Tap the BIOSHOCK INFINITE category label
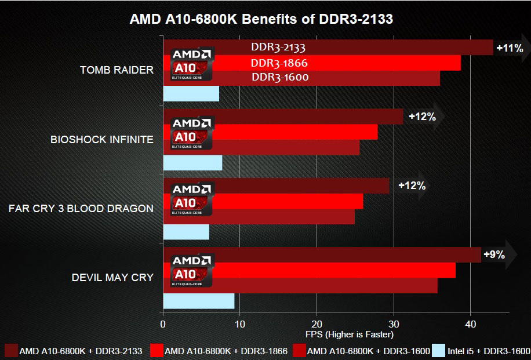point(101,139)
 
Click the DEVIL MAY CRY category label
point(112,277)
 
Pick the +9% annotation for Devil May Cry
point(493,254)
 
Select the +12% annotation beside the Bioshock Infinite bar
point(422,117)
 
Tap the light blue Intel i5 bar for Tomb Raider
point(191,93)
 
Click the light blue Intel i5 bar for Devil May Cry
point(198,301)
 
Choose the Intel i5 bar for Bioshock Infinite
point(192,163)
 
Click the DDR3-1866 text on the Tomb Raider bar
point(279,63)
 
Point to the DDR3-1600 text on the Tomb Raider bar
point(279,77)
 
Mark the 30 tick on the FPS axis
point(394,323)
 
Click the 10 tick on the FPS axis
point(240,323)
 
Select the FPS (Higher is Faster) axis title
point(349,334)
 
